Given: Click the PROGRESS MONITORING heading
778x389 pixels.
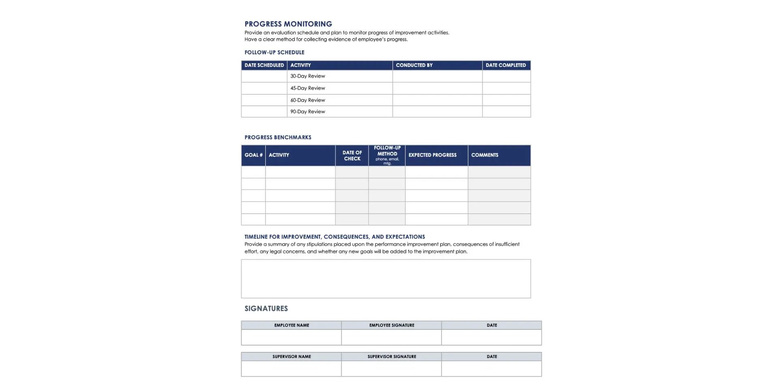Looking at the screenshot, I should pyautogui.click(x=288, y=24).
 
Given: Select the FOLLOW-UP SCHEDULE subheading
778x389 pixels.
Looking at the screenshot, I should pyautogui.click(x=274, y=52).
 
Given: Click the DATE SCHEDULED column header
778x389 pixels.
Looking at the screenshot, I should pyautogui.click(x=264, y=65).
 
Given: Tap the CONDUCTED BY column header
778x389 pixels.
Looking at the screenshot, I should pyautogui.click(x=414, y=65).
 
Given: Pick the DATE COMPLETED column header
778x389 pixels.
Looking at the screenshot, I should pyautogui.click(x=506, y=65).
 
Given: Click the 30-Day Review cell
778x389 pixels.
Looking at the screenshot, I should pyautogui.click(x=308, y=76).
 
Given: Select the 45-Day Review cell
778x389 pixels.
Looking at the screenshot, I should pyautogui.click(x=308, y=88).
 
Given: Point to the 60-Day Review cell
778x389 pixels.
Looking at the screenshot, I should pyautogui.click(x=308, y=100).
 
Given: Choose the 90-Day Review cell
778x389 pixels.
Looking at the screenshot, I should pyautogui.click(x=308, y=112).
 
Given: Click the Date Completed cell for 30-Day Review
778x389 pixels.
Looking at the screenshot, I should pyautogui.click(x=507, y=76).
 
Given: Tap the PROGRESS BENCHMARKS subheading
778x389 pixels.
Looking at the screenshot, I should pyautogui.click(x=278, y=137).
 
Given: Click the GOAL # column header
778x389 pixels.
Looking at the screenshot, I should pyautogui.click(x=253, y=155).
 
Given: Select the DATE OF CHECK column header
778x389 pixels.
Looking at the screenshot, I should pyautogui.click(x=352, y=156).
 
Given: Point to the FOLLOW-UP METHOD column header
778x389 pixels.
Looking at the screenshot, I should pyautogui.click(x=387, y=154).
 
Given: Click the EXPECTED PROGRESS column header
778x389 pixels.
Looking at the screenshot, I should pyautogui.click(x=432, y=155).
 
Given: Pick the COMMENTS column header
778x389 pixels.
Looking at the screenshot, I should pyautogui.click(x=485, y=155).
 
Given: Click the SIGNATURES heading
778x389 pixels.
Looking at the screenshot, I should pyautogui.click(x=266, y=308).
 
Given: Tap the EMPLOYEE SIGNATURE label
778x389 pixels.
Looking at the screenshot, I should pyautogui.click(x=391, y=325).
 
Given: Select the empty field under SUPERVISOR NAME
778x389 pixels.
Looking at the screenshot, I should pyautogui.click(x=291, y=369).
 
